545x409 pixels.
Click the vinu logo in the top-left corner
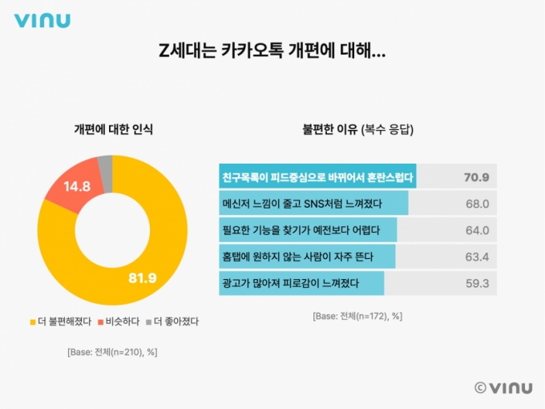click(x=42, y=21)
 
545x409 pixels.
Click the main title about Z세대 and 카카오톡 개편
click(x=272, y=52)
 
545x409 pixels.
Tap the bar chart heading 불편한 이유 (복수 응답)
click(x=357, y=128)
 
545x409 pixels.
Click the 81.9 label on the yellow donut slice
click(x=144, y=278)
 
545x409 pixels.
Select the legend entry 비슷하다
click(x=119, y=322)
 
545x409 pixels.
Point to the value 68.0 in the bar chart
click(x=477, y=204)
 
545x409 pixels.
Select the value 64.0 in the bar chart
click(x=477, y=230)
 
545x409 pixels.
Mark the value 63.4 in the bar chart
click(x=477, y=257)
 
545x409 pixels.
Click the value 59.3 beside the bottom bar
click(x=477, y=283)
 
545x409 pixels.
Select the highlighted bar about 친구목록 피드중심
click(x=317, y=176)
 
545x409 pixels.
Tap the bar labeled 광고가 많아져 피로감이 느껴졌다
click(x=301, y=283)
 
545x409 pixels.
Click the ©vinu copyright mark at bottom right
click(x=503, y=387)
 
